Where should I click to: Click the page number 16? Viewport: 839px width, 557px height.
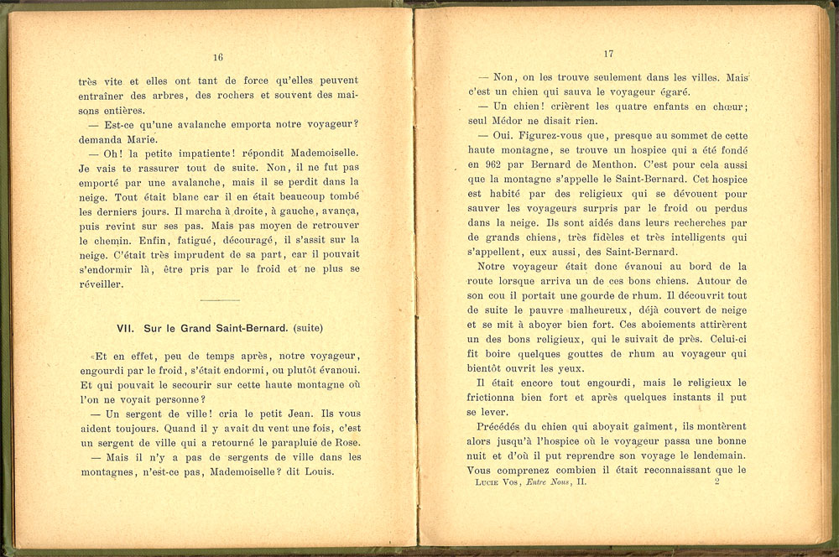(218, 58)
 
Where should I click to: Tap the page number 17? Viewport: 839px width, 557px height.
(609, 55)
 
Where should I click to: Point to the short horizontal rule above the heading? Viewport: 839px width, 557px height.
(221, 299)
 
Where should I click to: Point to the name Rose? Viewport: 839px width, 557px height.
(346, 441)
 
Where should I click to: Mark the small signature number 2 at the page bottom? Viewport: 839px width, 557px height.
(717, 482)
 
